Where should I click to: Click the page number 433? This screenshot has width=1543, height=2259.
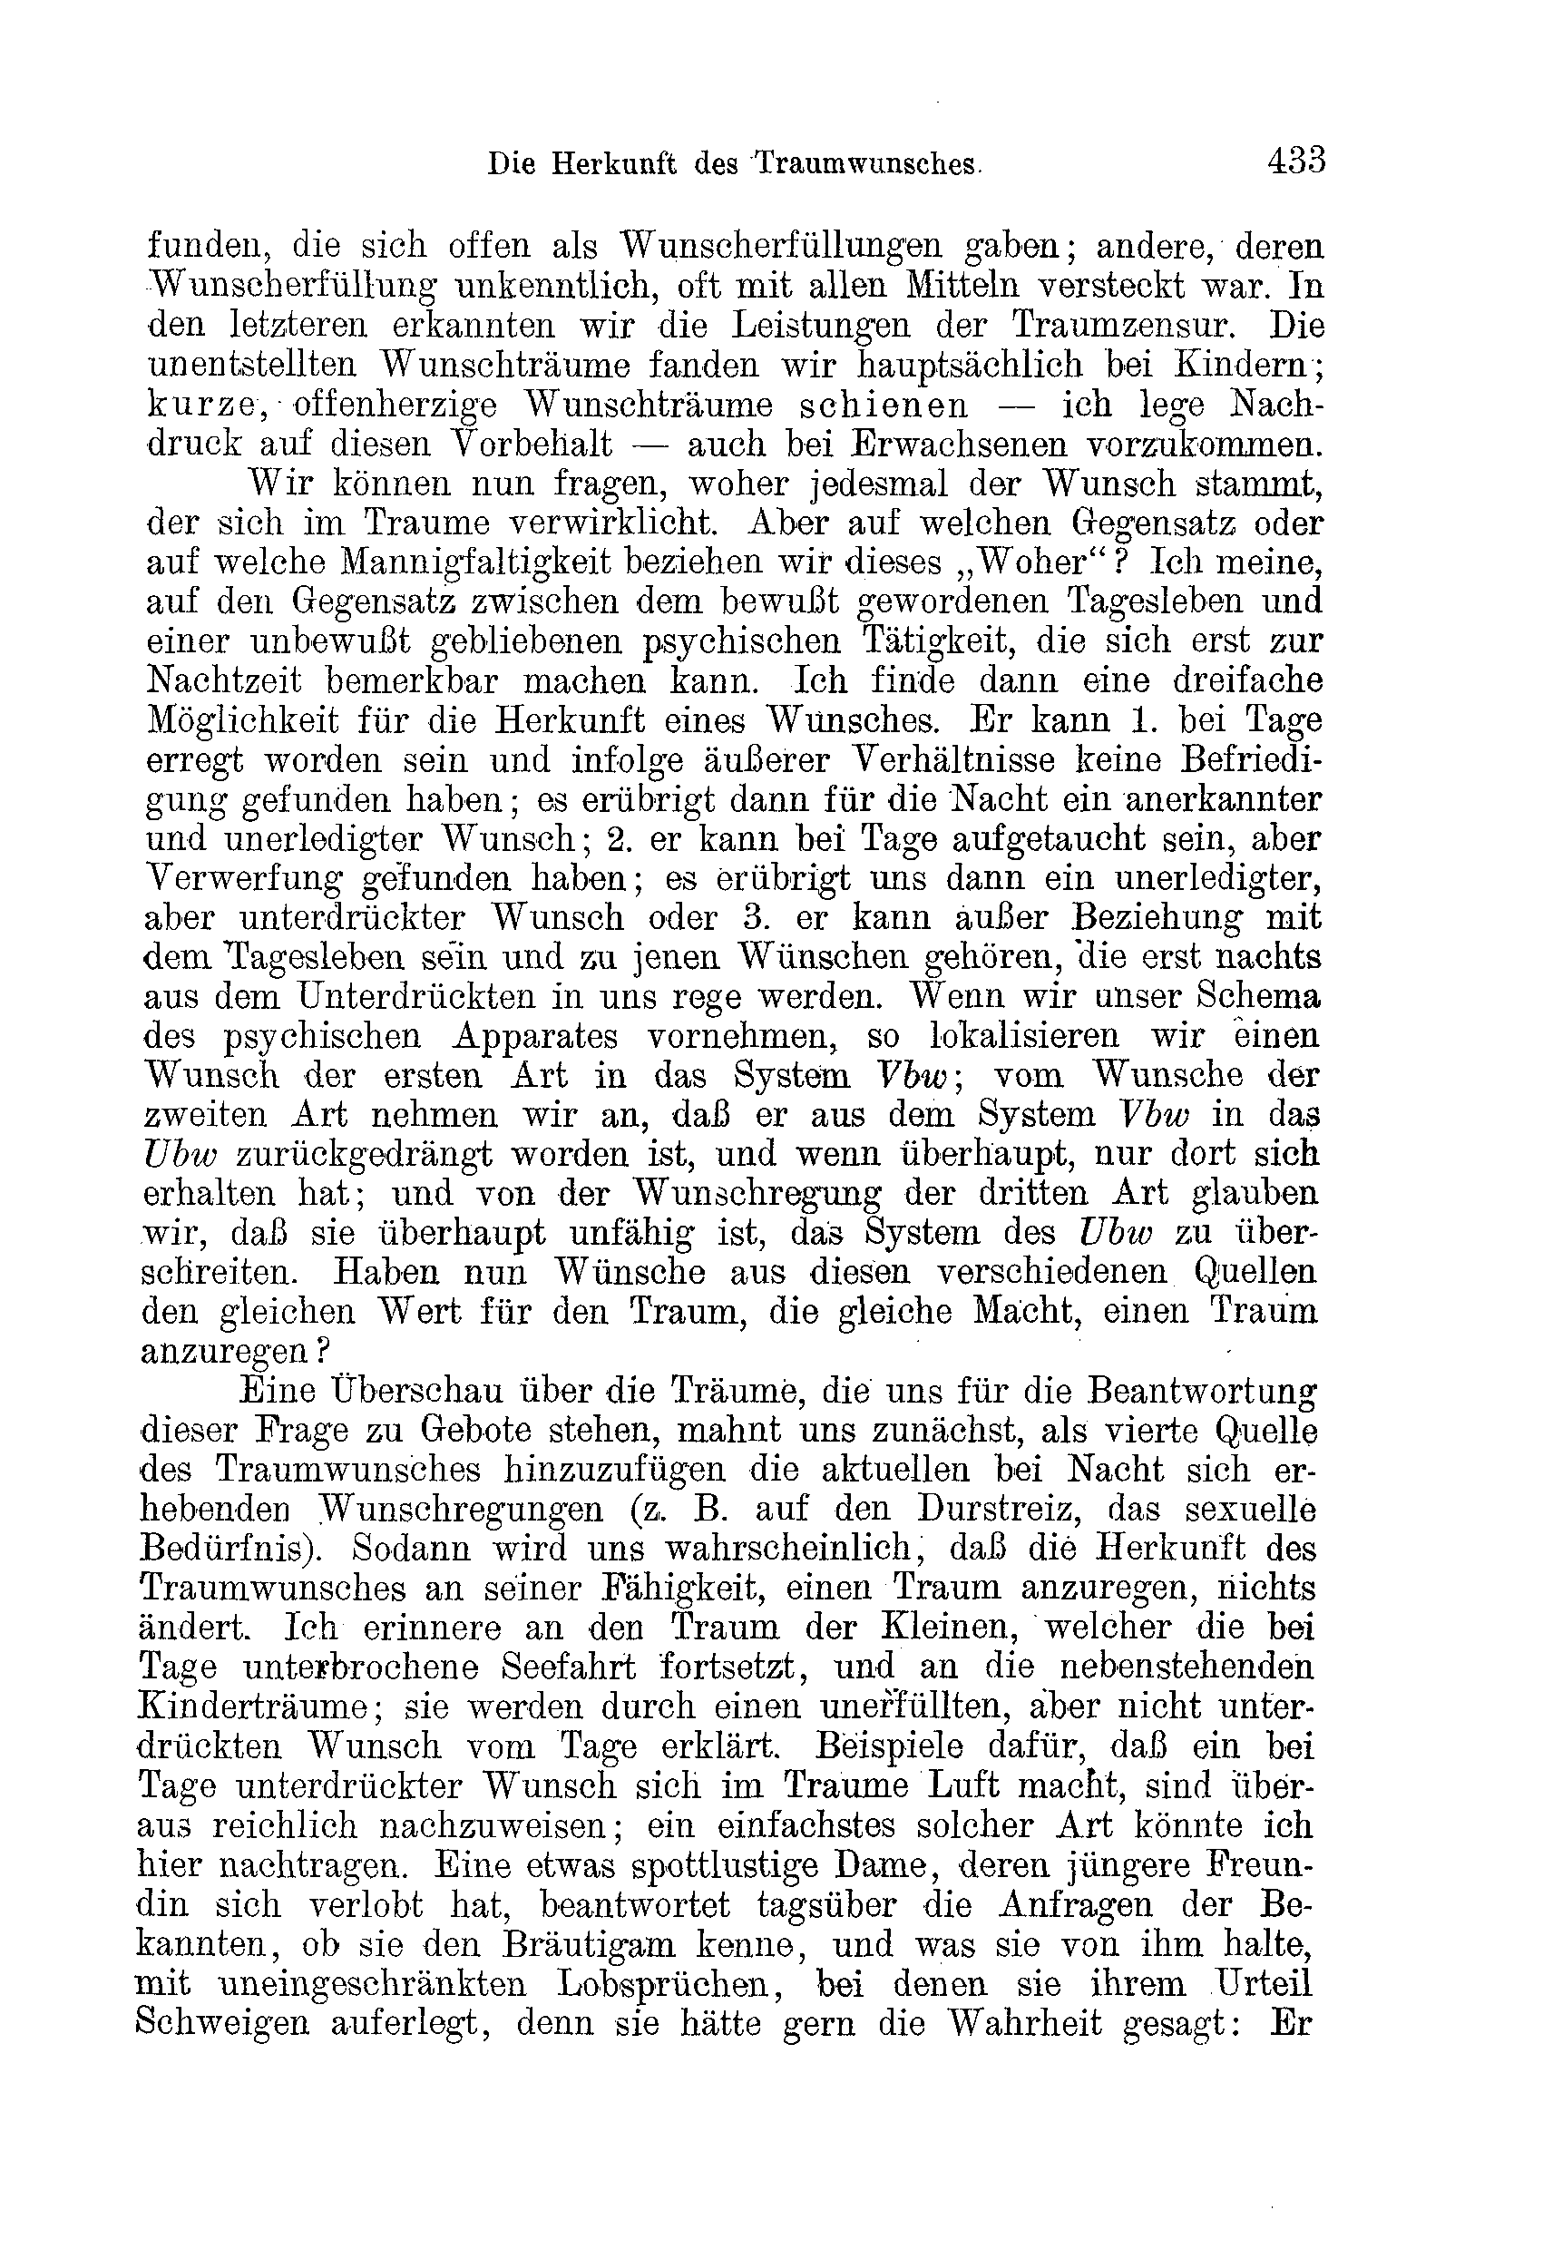tap(1296, 160)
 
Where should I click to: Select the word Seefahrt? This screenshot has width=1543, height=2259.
tap(569, 1669)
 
